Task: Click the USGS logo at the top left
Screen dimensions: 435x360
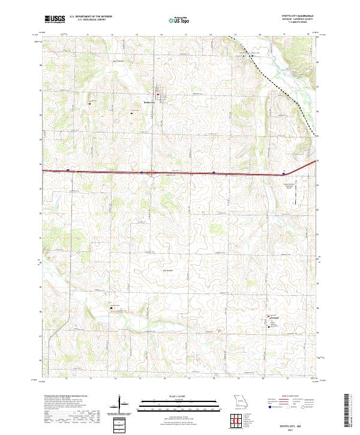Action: tap(55, 19)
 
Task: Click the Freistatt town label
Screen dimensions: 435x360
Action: tap(275, 318)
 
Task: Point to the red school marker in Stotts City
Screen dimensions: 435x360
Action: tap(158, 95)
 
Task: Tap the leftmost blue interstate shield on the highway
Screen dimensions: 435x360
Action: tap(68, 170)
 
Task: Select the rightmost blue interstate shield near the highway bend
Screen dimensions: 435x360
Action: tap(283, 174)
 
